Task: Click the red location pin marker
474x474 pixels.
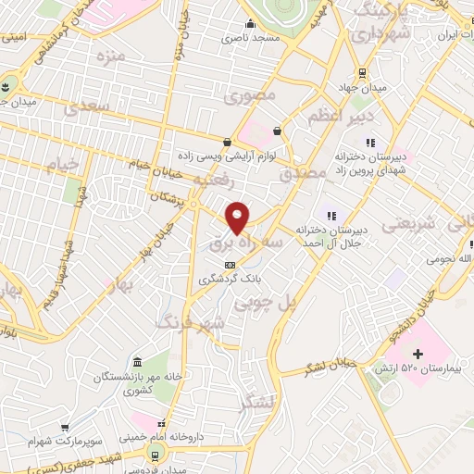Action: (x=238, y=218)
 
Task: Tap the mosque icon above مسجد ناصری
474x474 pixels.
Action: (x=250, y=25)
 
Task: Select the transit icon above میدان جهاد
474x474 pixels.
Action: (x=361, y=74)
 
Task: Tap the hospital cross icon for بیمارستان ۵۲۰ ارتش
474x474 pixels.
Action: (x=418, y=354)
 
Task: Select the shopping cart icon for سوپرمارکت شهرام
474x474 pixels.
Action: (x=65, y=429)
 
